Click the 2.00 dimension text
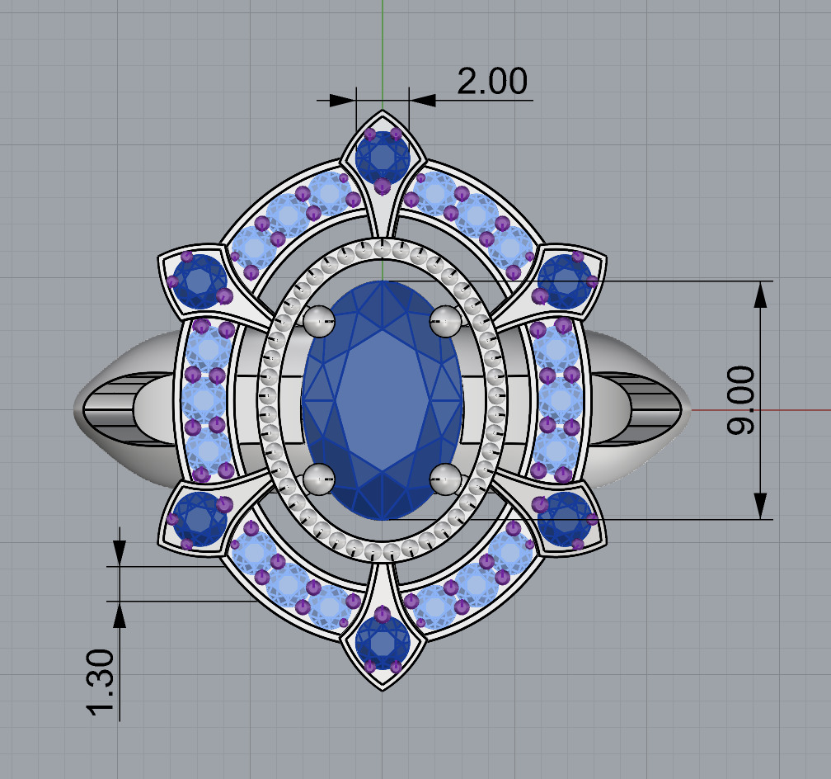(491, 82)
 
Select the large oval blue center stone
(383, 400)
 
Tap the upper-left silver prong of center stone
(319, 321)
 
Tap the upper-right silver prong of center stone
(445, 321)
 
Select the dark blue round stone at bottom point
(383, 641)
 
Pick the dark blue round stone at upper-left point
(200, 281)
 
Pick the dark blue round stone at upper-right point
(565, 278)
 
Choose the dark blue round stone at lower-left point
(200, 520)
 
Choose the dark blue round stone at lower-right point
(565, 520)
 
